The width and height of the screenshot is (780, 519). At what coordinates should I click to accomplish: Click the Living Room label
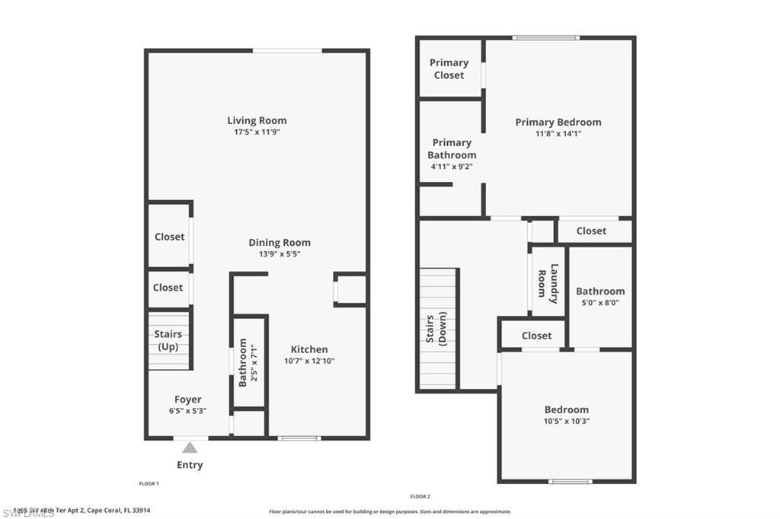[257, 120]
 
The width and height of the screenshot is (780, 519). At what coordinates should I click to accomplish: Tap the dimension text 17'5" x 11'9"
[257, 132]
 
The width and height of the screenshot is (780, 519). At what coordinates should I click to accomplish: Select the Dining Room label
[280, 243]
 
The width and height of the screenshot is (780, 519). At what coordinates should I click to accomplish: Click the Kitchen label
[309, 349]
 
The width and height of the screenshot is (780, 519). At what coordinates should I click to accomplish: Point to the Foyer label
[188, 400]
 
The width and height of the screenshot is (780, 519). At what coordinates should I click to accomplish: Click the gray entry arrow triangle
[190, 447]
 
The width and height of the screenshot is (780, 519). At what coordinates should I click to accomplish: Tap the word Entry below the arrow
[190, 465]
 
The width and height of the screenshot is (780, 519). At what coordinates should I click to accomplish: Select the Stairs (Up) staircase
[168, 339]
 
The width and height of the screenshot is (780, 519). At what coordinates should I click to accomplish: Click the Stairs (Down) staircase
[438, 329]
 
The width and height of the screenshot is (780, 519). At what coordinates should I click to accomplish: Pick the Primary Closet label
[449, 68]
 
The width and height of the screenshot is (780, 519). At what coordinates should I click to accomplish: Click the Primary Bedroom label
[558, 122]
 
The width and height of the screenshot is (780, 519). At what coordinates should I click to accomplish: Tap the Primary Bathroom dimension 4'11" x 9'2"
[452, 166]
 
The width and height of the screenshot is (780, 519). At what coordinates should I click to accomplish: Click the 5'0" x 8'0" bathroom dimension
[600, 302]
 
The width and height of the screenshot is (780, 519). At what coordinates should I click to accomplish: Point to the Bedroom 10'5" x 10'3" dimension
[566, 421]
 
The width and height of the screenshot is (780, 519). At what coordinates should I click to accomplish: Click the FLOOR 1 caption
[149, 484]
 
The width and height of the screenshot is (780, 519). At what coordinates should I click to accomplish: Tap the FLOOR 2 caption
[420, 496]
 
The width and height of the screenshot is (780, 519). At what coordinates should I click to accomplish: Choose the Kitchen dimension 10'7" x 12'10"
[309, 361]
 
